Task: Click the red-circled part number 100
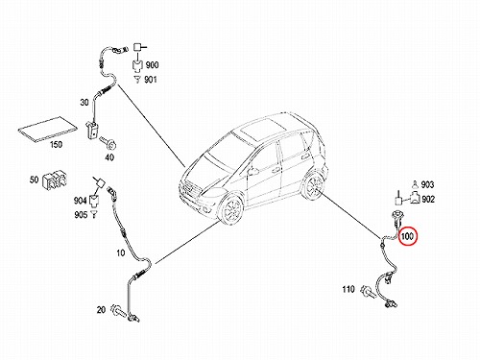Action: click(407, 236)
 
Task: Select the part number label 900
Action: click(152, 65)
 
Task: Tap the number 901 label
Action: click(151, 79)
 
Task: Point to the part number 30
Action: click(84, 103)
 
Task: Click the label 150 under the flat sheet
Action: click(56, 145)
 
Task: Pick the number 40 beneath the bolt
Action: click(109, 157)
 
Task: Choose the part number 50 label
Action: click(34, 180)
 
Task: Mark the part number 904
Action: click(80, 201)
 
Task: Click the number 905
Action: click(81, 215)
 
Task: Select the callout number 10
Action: click(120, 253)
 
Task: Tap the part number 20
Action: click(101, 310)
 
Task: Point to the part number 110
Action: click(348, 289)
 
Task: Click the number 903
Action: click(427, 184)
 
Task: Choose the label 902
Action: click(428, 200)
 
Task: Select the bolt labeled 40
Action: click(108, 143)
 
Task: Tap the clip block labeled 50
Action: click(55, 180)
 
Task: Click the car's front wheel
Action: click(231, 209)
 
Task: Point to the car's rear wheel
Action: click(314, 186)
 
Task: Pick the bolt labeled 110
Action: click(368, 292)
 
